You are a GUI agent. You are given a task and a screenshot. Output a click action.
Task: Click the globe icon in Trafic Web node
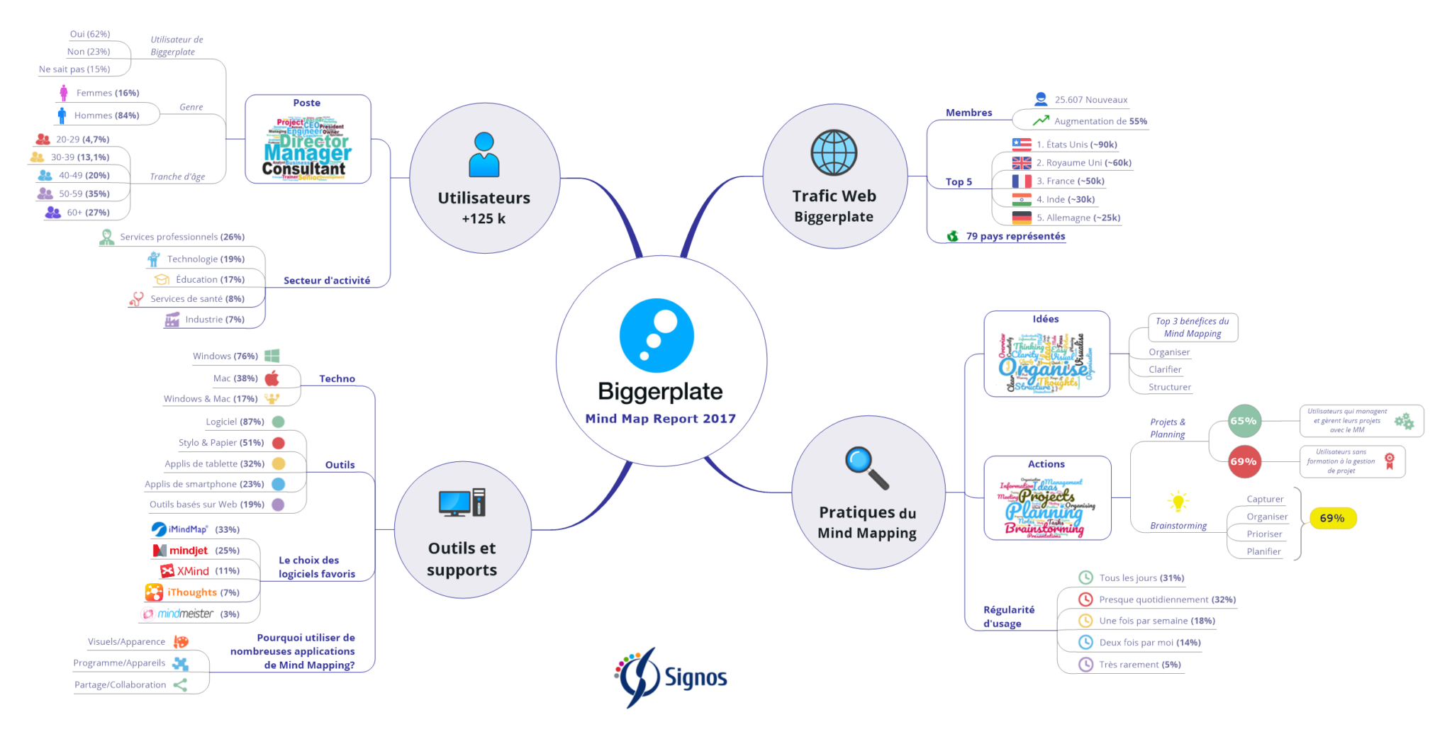834,152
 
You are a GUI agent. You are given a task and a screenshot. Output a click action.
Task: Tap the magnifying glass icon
866,467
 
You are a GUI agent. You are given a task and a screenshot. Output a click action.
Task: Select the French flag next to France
1022,181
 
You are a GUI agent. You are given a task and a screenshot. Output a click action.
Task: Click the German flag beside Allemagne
1022,218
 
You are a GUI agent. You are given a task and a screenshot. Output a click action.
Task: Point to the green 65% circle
1244,421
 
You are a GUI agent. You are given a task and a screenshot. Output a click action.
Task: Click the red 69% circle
1244,461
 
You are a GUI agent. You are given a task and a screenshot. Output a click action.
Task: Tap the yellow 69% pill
1332,518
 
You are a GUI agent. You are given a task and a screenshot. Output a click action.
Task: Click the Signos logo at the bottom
671,677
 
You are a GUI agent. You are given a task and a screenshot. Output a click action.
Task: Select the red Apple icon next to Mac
272,378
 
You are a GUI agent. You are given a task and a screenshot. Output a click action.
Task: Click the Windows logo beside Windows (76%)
272,356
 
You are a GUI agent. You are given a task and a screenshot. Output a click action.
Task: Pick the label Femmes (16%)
107,93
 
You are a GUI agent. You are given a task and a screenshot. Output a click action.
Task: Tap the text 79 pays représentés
1015,236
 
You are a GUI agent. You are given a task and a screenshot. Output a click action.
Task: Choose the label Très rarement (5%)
1139,665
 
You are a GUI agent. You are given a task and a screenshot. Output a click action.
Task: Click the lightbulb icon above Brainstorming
1178,502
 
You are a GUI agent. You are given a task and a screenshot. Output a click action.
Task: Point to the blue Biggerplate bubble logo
657,336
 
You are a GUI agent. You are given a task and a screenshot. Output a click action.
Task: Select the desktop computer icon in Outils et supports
462,503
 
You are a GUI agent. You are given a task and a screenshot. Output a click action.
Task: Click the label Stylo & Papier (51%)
221,443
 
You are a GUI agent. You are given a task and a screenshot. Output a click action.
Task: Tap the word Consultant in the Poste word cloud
303,169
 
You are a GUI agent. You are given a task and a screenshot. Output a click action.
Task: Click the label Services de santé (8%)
197,299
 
